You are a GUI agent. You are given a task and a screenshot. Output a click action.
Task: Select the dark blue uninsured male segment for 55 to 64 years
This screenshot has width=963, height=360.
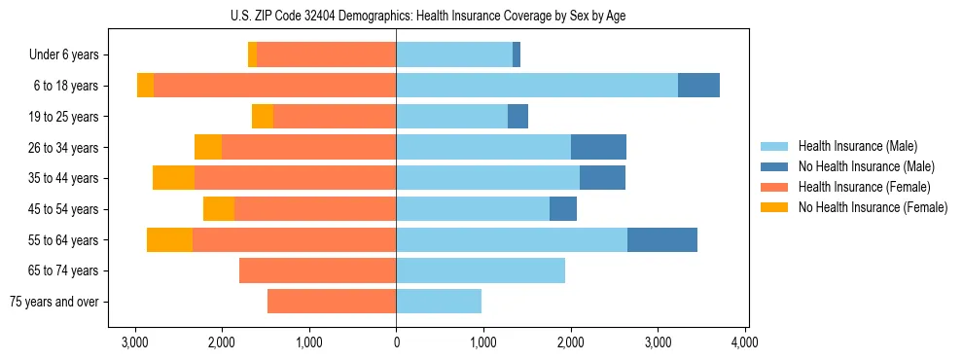[662, 239]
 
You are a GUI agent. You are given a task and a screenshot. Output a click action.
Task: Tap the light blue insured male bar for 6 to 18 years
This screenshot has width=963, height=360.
[537, 86]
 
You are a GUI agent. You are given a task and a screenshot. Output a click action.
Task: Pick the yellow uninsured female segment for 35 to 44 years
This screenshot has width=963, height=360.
[173, 178]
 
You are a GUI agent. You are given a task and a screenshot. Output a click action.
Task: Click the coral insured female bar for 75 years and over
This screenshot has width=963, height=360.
[332, 302]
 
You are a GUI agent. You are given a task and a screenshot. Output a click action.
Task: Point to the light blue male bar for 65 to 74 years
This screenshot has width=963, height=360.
[481, 270]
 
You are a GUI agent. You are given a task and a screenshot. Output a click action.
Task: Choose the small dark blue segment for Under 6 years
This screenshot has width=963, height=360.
[517, 54]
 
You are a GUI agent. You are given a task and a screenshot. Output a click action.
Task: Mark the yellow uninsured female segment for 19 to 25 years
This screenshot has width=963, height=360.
[263, 117]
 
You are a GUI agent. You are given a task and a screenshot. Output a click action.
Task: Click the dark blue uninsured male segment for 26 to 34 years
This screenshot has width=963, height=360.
[598, 147]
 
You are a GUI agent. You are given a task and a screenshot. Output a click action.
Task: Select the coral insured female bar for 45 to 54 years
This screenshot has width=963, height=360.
[315, 209]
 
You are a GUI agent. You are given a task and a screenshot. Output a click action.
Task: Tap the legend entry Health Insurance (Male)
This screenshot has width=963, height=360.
[857, 146]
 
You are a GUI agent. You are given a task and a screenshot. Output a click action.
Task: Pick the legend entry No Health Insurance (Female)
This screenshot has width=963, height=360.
[873, 207]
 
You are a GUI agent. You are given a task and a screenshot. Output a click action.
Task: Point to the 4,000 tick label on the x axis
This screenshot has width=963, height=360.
[745, 342]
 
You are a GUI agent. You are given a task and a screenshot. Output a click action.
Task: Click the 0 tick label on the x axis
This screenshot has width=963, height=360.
[396, 342]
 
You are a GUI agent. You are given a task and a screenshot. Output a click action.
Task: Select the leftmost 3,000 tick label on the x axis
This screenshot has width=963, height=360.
[134, 342]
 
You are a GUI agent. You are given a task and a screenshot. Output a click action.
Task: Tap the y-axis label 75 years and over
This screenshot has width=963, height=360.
[54, 302]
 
